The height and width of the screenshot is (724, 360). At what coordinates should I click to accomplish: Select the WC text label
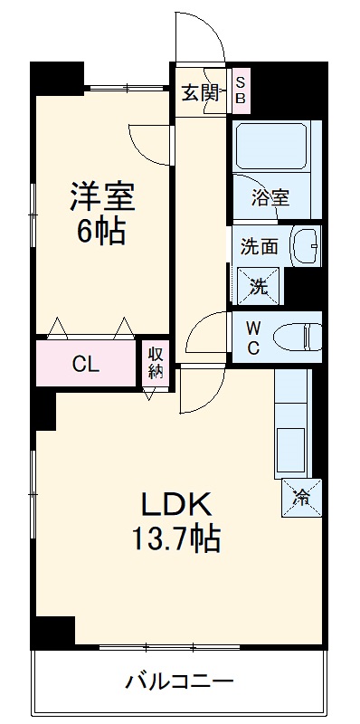click(253, 337)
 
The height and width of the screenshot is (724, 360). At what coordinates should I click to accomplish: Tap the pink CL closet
click(86, 364)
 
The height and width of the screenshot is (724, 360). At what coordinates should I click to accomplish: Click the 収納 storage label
click(155, 362)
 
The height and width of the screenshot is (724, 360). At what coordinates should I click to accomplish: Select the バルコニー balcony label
click(179, 681)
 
